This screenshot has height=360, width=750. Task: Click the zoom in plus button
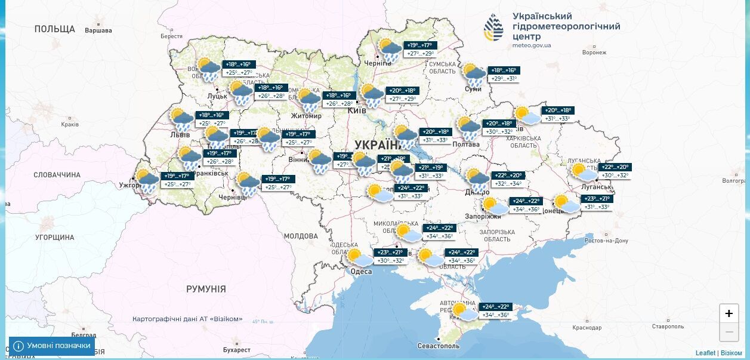(729, 313)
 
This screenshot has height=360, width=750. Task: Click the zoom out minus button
(729, 331)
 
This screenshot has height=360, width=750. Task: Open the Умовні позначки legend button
(52, 346)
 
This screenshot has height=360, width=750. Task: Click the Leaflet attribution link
(705, 353)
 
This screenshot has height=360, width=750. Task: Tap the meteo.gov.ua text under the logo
(532, 45)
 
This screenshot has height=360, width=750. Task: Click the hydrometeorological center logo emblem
(493, 28)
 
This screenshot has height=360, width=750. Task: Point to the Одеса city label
(361, 272)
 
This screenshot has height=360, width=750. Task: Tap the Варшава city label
(98, 30)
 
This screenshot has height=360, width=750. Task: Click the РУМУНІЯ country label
(206, 289)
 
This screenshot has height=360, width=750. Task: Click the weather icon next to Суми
(474, 75)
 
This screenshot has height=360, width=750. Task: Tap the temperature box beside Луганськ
(615, 171)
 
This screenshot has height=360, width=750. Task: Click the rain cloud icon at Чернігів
(390, 50)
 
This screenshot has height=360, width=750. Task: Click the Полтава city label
(466, 144)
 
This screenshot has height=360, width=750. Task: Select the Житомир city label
(307, 116)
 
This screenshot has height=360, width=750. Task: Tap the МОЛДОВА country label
(300, 236)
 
